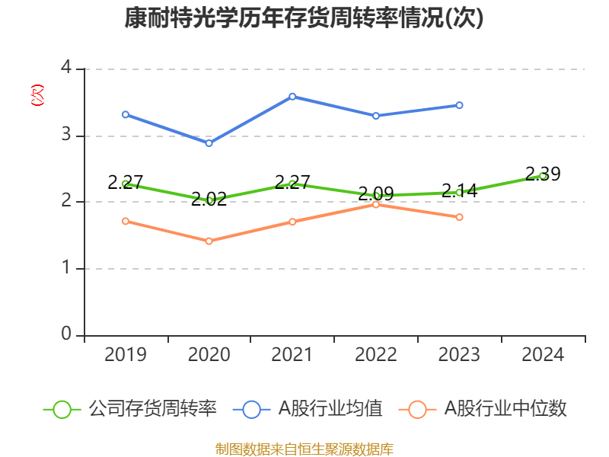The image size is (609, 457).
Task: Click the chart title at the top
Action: pos(304,18)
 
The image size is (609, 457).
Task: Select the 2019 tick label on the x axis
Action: pos(125,354)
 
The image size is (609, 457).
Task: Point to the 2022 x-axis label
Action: pos(376,354)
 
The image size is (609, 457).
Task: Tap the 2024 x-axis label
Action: pos(543,354)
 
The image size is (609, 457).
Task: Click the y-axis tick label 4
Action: pos(66,69)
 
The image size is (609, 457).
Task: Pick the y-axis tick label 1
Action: pos(66,268)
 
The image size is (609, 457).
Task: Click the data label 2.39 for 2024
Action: pos(543,174)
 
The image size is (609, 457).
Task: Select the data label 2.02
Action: pos(209,200)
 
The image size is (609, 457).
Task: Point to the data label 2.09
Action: pos(376,193)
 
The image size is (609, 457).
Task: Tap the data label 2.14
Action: pos(460,190)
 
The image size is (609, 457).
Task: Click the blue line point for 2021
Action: pos(292,96)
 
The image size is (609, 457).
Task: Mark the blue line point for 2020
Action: pos(209,143)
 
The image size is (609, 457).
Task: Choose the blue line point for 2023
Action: pos(459,105)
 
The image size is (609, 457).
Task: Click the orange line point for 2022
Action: pos(376,204)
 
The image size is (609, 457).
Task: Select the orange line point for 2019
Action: pos(126,221)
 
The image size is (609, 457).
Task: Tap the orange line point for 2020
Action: pos(209,241)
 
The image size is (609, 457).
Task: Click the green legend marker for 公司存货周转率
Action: pos(62,409)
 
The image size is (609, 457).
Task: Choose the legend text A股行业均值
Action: pos(330,409)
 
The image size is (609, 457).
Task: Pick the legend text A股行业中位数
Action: pos(505,409)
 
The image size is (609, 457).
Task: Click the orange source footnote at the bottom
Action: pos(304,449)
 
